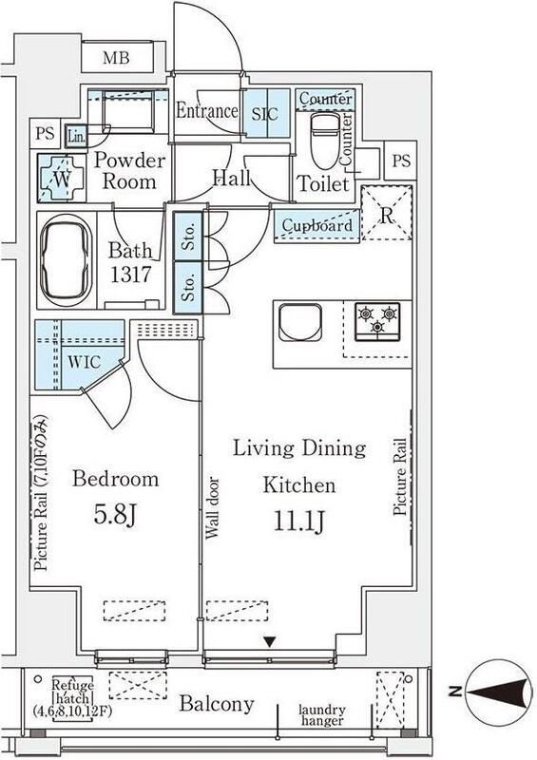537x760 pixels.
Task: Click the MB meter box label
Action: [x=116, y=58]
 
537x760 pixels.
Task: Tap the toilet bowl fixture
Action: [x=322, y=141]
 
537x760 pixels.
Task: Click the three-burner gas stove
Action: [x=377, y=321]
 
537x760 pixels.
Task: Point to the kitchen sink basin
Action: [x=300, y=322]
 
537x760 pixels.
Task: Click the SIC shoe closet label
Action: [x=265, y=114]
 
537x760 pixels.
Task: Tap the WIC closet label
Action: [x=84, y=362]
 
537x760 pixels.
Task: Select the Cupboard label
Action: [x=317, y=225]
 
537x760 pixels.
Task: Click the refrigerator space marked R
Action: [x=387, y=213]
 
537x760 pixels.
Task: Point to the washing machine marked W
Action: [x=62, y=179]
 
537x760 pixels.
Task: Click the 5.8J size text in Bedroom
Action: [x=115, y=515]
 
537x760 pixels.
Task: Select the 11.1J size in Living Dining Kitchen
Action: [x=298, y=522]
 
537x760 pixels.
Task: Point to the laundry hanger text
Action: [x=322, y=715]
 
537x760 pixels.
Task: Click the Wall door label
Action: [x=213, y=508]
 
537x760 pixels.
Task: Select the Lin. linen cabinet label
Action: [x=76, y=137]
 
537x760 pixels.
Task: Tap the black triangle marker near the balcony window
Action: [x=270, y=642]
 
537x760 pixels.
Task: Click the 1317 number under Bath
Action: [x=131, y=275]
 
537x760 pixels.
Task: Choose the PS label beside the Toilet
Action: [x=401, y=161]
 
